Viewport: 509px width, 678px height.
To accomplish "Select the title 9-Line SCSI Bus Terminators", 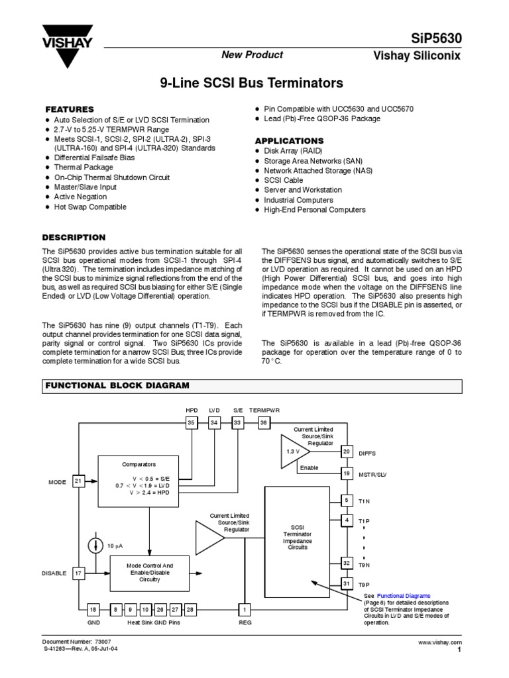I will click(x=253, y=83).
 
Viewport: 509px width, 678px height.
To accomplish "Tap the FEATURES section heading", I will click(x=69, y=109).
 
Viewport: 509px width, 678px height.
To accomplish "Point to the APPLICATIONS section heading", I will click(x=290, y=141).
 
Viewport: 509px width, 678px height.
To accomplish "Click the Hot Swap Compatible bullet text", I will click(x=90, y=207).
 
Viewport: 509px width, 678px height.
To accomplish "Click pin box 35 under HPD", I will click(x=192, y=422).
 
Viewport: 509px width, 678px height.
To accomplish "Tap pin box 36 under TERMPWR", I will click(x=263, y=422).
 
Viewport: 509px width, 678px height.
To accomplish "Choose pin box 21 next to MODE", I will click(x=79, y=482).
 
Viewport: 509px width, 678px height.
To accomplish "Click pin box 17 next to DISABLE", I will click(x=79, y=573).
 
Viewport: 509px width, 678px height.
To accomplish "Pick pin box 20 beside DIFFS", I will click(x=346, y=452).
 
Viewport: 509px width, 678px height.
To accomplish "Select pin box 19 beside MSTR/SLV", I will click(x=346, y=473).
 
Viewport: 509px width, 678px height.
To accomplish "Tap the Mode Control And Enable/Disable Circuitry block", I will click(x=149, y=573).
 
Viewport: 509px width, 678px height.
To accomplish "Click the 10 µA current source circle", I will click(x=95, y=545).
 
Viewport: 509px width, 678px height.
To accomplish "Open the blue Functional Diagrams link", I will click(x=404, y=596).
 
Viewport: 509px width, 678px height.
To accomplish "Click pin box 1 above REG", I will click(x=245, y=609).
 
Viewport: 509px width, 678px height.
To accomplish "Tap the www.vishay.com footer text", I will click(x=439, y=643).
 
